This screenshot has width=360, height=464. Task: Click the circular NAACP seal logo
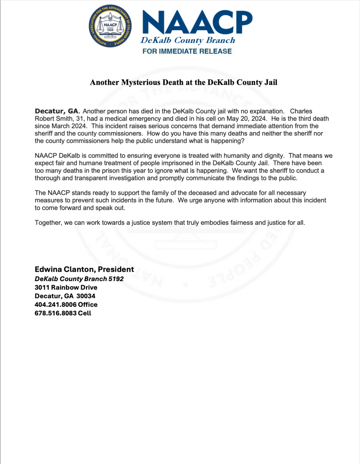pos(110,26)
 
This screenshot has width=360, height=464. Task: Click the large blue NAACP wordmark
pos(197,22)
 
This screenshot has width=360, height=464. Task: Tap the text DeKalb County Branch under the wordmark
pos(188,40)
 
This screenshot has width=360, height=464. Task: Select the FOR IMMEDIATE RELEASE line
pos(187,51)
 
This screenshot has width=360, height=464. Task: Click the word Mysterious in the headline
pos(141,82)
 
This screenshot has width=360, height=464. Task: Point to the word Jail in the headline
pos(270,82)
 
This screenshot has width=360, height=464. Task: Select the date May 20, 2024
pos(247,119)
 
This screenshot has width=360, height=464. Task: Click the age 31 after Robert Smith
pos(79,119)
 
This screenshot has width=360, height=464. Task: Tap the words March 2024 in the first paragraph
pos(69,126)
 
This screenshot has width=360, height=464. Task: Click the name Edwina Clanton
pos(64,270)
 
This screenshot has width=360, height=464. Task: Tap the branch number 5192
pos(116,279)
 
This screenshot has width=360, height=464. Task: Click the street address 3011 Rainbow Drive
pos(66,288)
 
